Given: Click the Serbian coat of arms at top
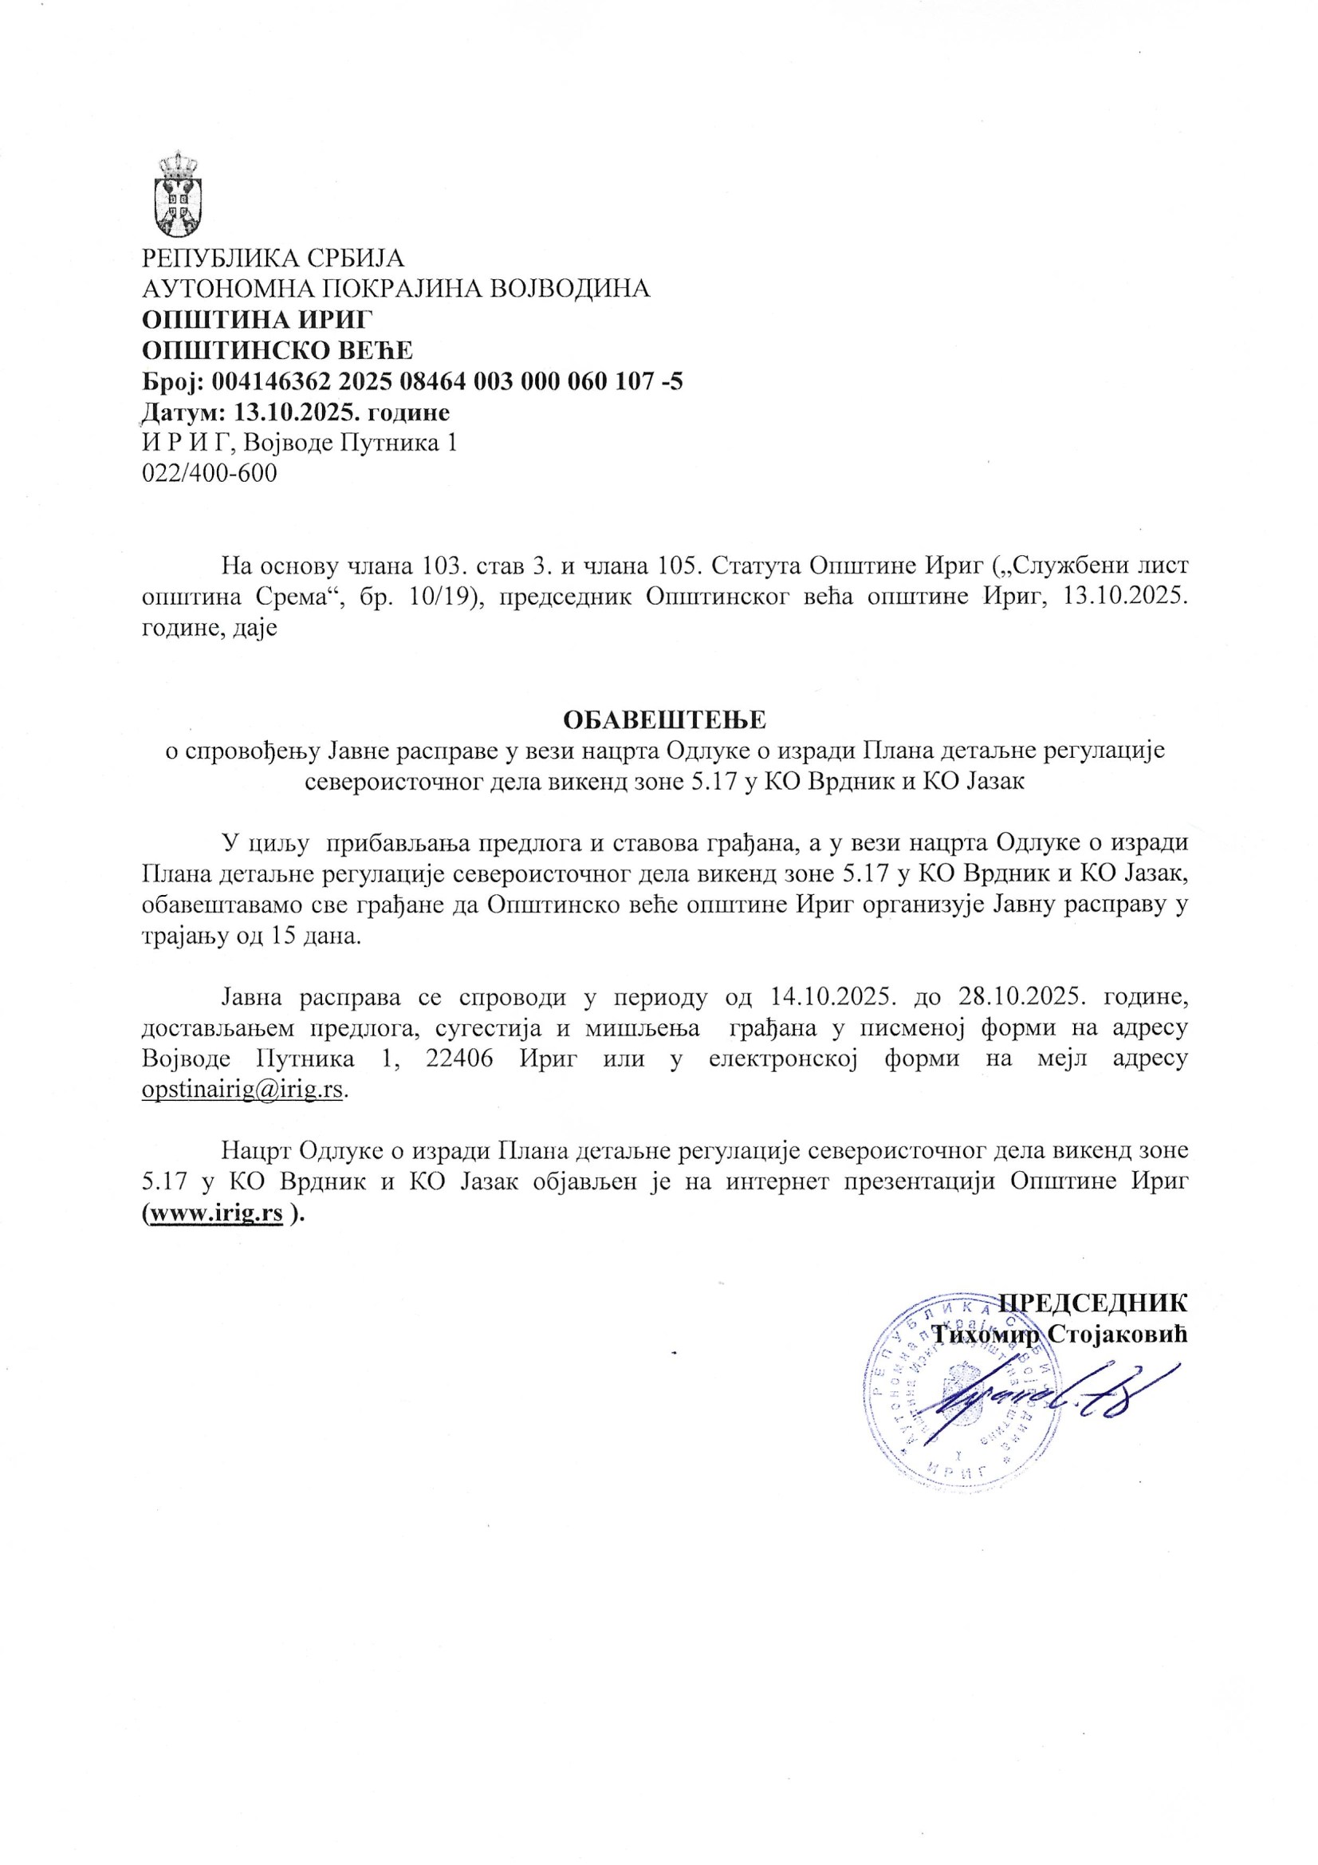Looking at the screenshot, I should pyautogui.click(x=179, y=194).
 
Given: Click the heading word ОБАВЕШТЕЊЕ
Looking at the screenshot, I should pyautogui.click(x=665, y=720).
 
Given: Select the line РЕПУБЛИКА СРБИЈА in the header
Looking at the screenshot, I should pyautogui.click(x=273, y=258).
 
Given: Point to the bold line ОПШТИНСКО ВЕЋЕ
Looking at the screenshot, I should pyautogui.click(x=277, y=350).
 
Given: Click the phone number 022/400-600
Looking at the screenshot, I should pyautogui.click(x=210, y=473).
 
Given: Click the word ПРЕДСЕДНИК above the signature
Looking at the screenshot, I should pyautogui.click(x=1092, y=1302).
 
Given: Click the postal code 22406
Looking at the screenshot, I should pyautogui.click(x=459, y=1059).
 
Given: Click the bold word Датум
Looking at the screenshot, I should pyautogui.click(x=182, y=412).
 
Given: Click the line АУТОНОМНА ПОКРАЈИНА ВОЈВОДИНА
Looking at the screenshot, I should pyautogui.click(x=396, y=288).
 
